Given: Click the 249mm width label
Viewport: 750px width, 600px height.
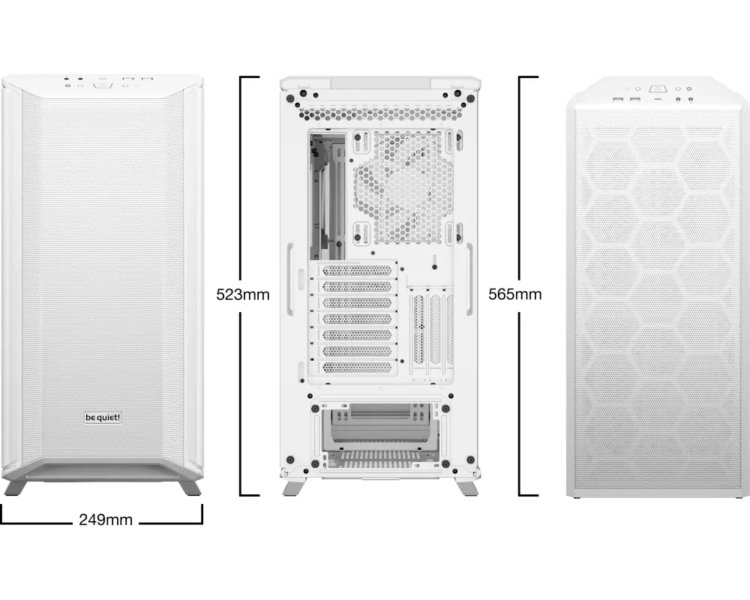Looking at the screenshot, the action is point(106,519).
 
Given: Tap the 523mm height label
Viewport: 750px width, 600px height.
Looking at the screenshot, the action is point(243,294).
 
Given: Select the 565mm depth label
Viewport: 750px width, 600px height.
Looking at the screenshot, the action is point(515,294).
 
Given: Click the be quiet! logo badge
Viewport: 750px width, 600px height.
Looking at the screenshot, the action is point(103,418).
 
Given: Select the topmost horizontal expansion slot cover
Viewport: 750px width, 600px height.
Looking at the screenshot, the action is point(357,270).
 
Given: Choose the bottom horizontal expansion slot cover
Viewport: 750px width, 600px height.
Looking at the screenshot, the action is point(357,367).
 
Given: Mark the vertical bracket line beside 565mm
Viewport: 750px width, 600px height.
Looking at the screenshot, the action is point(520,286).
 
